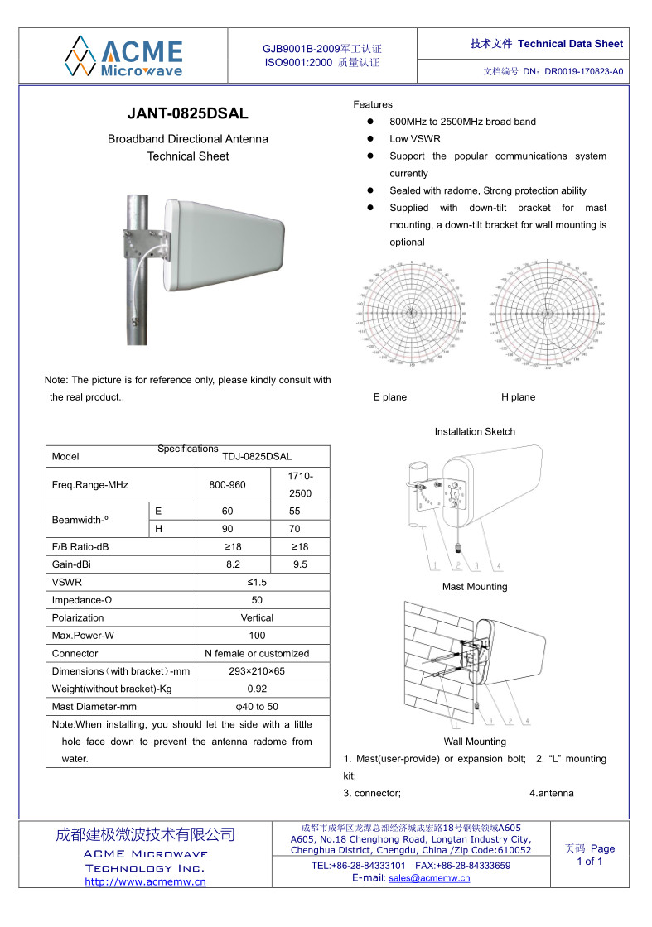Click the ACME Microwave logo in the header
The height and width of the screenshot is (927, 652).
point(124,56)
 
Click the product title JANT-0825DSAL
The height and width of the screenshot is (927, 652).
point(187,114)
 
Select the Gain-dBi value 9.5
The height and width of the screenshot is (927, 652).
point(300,564)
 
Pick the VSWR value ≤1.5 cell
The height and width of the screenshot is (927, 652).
point(257,582)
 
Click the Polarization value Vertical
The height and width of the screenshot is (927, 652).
point(257,617)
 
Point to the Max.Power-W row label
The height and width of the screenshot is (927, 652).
point(83,636)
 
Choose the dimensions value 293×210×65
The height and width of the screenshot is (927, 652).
point(257,671)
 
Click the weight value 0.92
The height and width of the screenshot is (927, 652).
point(257,689)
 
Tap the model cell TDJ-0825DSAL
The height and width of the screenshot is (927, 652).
point(257,457)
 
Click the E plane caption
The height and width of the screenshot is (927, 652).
point(390,397)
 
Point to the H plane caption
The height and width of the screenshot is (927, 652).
point(519,397)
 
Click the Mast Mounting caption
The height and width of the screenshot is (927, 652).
point(475,587)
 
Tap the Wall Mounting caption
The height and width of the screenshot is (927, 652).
point(475,742)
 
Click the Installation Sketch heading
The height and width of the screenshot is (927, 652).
point(475,431)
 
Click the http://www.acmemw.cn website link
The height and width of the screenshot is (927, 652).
point(146,882)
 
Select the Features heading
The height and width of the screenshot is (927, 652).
point(373,104)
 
